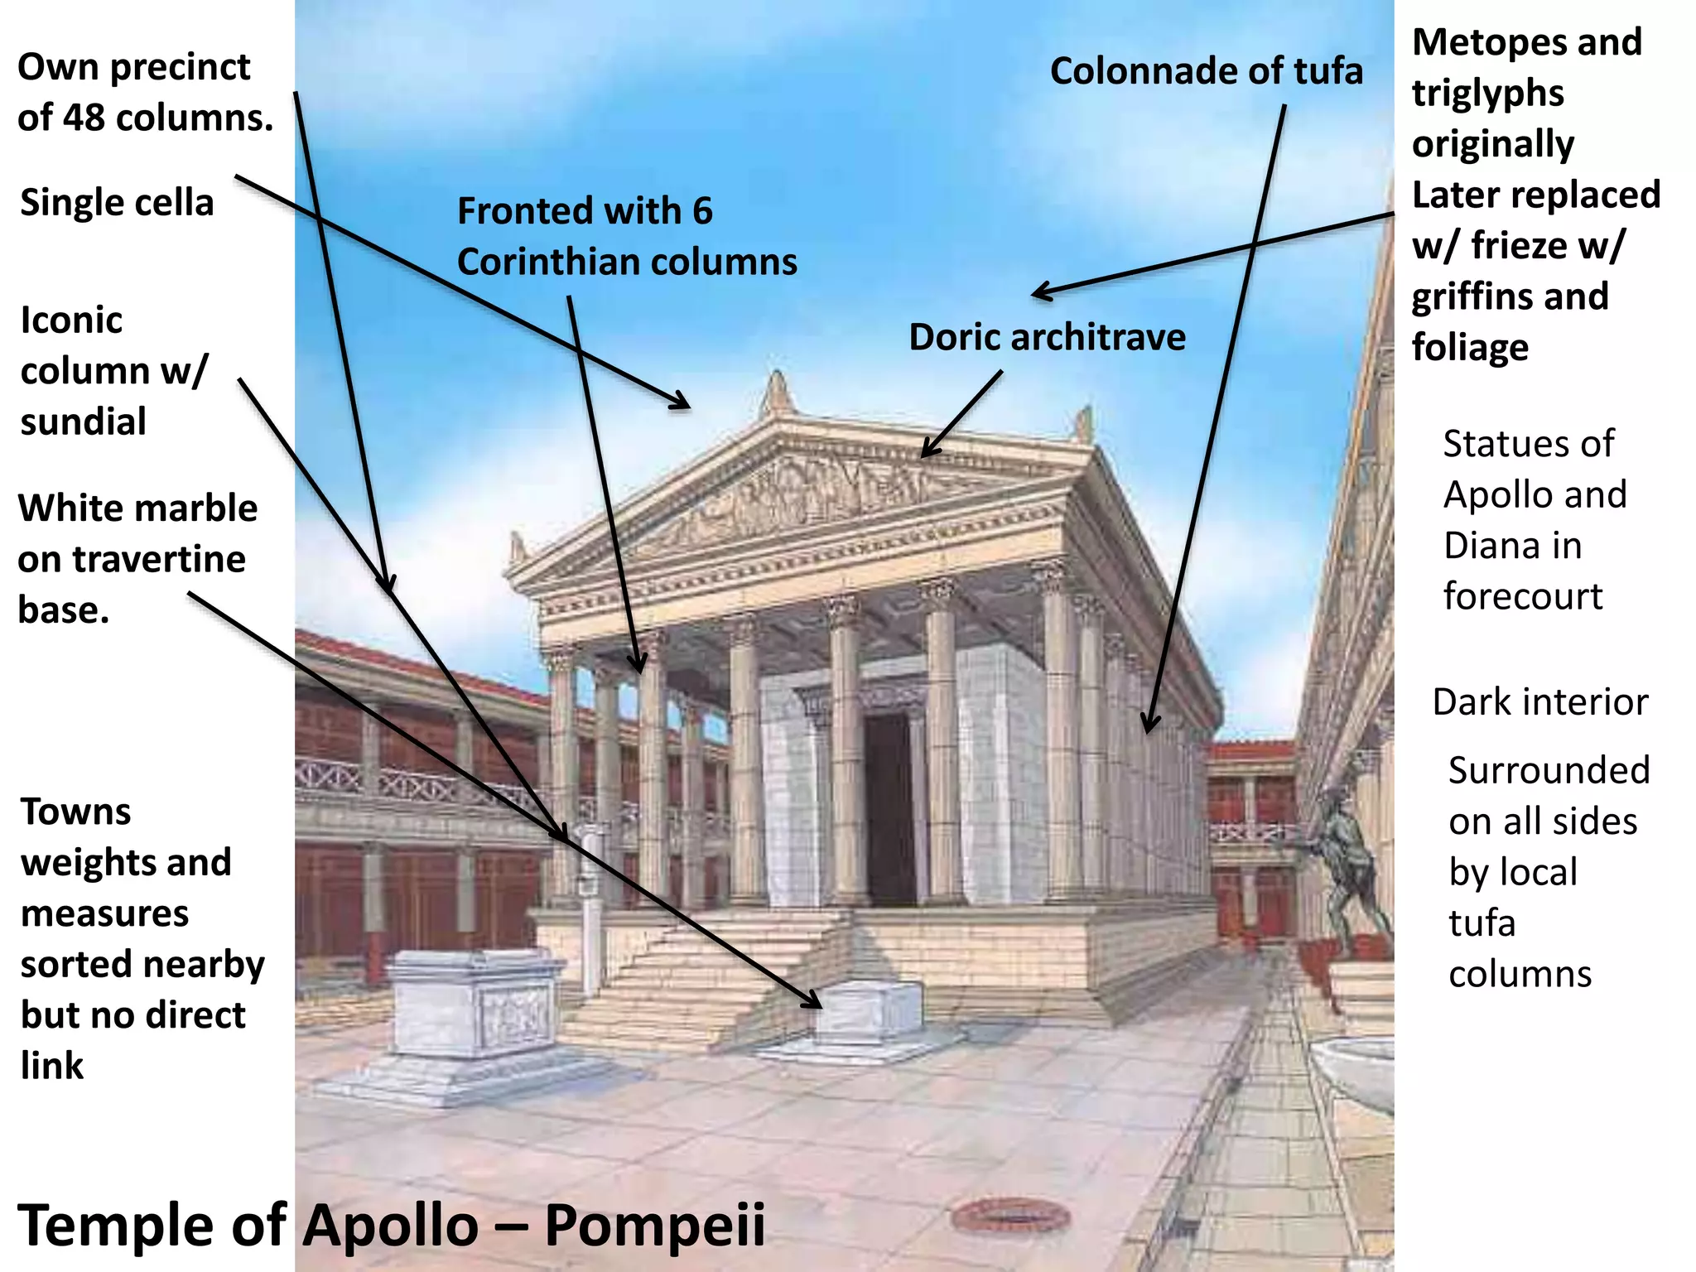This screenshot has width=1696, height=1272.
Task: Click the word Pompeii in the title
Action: [654, 1226]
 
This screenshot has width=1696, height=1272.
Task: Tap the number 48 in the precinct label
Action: [84, 118]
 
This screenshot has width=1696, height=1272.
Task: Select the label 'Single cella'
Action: [117, 203]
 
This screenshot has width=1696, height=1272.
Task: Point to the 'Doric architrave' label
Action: [1047, 338]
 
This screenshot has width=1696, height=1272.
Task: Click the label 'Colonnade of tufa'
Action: [1206, 71]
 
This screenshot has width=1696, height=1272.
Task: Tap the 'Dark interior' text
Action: [1539, 702]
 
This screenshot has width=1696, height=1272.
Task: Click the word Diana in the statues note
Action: [1513, 547]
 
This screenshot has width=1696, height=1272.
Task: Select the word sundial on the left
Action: [84, 422]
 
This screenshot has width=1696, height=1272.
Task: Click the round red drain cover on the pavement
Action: [1011, 1216]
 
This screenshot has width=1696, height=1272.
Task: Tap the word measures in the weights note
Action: [105, 914]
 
